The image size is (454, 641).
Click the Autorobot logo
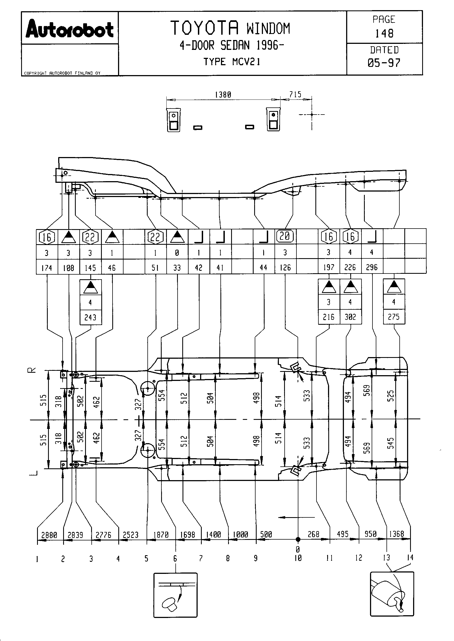70,29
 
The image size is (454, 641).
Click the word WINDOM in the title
268,29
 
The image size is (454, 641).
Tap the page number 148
384,34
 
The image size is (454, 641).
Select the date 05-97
384,63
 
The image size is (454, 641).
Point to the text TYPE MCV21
232,62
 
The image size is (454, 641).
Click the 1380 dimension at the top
223,95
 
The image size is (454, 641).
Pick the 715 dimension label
295,94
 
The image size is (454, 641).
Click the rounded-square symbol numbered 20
285,236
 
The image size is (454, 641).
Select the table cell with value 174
47,268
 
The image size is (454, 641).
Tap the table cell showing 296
372,267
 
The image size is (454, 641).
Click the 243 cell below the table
90,317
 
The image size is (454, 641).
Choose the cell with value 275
394,317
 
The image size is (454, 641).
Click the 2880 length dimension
49,535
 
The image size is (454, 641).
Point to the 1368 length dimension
396,534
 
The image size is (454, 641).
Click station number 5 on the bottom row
146,559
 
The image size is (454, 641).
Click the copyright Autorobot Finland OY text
62,73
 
